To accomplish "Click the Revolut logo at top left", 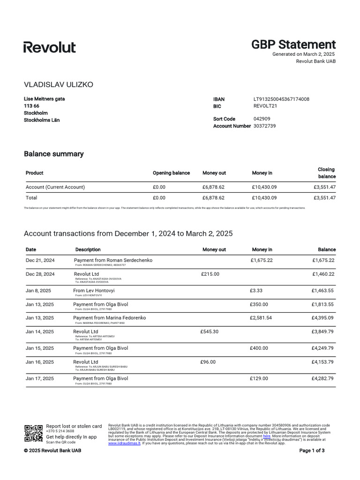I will point(49,47).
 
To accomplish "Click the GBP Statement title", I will point(293,45).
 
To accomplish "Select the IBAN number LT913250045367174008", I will point(281,99).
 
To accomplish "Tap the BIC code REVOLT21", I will point(265,106).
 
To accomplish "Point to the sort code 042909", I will point(262,119).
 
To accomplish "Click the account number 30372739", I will point(264,126).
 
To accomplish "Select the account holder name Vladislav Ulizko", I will point(59,84).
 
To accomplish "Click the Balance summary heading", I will point(53,154).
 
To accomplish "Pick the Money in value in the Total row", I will point(264,198).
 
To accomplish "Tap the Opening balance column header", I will point(171,173).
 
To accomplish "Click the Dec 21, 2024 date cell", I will point(40,260).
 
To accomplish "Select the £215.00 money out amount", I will point(210,274).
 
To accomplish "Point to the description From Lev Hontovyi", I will point(94,291).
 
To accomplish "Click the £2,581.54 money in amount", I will point(261,318).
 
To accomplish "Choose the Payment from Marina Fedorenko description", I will point(109,318).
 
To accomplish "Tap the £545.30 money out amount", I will point(210,331).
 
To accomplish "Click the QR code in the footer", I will point(33,433).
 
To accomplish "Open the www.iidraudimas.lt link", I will point(124,443).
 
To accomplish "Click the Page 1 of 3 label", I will point(312,450).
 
